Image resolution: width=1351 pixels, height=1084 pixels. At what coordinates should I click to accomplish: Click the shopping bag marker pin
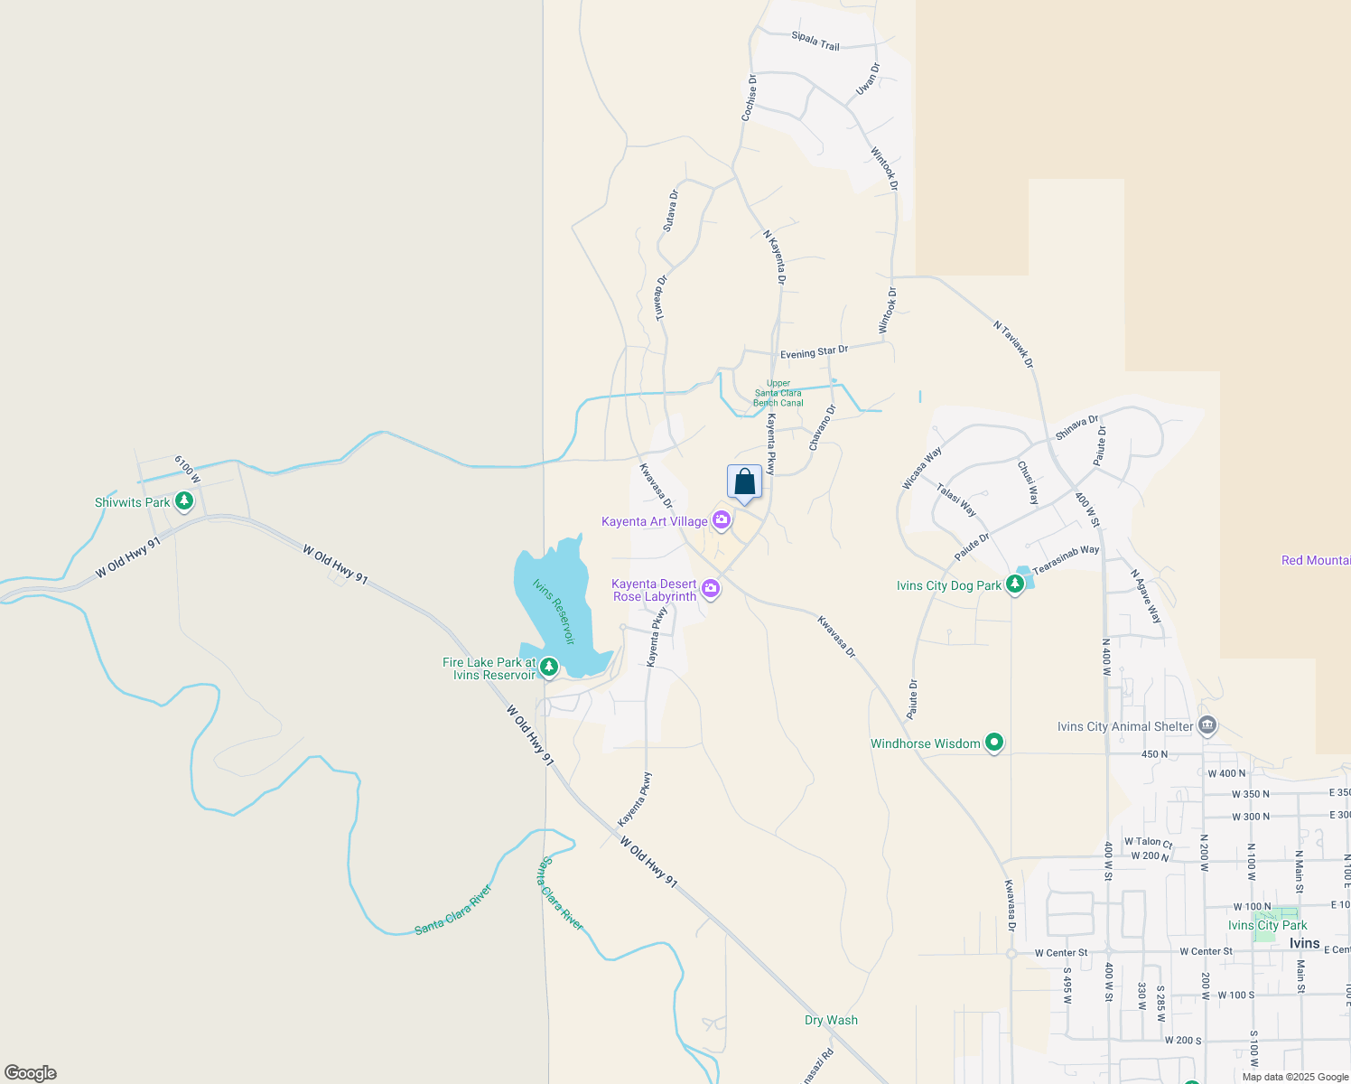pyautogui.click(x=744, y=482)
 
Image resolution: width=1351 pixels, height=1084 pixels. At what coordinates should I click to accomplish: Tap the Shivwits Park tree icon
pyautogui.click(x=184, y=500)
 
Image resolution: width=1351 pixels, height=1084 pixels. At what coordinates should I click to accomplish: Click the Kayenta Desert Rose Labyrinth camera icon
pyautogui.click(x=711, y=589)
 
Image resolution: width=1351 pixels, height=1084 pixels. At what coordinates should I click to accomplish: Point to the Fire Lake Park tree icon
pyautogui.click(x=548, y=668)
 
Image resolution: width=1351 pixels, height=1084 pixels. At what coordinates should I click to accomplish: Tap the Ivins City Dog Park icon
pyautogui.click(x=1015, y=584)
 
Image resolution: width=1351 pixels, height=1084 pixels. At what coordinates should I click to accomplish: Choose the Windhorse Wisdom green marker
pyautogui.click(x=994, y=743)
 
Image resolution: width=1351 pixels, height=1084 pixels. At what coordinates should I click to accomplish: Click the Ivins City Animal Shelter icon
pyautogui.click(x=1207, y=725)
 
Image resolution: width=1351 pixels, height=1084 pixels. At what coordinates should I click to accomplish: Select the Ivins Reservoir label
pyautogui.click(x=554, y=612)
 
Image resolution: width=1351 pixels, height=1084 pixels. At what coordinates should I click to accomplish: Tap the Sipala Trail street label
pyautogui.click(x=815, y=41)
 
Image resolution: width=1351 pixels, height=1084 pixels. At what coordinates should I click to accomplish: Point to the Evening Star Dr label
pyautogui.click(x=814, y=352)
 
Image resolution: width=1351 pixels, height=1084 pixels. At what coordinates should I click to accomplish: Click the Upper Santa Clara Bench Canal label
pyautogui.click(x=778, y=393)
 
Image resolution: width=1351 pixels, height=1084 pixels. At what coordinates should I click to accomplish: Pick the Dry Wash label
pyautogui.click(x=831, y=1020)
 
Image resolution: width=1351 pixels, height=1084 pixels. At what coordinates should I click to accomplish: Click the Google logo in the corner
pyautogui.click(x=31, y=1073)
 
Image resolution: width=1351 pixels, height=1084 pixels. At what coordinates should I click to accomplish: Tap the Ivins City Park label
pyautogui.click(x=1267, y=925)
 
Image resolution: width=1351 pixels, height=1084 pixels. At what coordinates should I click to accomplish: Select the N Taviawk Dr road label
pyautogui.click(x=1013, y=344)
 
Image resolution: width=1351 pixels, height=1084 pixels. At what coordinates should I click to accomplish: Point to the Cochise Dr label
pyautogui.click(x=749, y=98)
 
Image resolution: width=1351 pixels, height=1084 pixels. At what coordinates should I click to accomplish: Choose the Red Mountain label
pyautogui.click(x=1315, y=560)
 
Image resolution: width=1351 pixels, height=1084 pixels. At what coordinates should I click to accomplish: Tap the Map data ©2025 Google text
pyautogui.click(x=1294, y=1077)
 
